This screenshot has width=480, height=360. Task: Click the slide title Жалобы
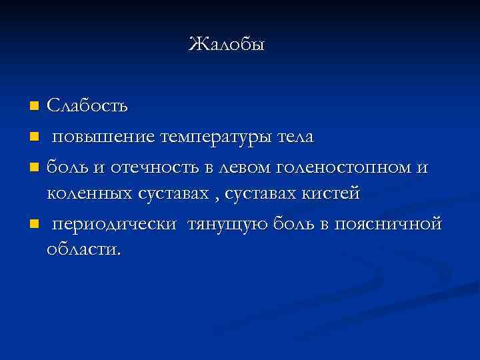[x=227, y=45]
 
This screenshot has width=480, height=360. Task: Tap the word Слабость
[x=88, y=106]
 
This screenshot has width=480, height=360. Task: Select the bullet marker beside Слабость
[x=34, y=106]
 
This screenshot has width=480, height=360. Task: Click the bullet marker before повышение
[x=34, y=137]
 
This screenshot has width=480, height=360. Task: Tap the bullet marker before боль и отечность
[x=34, y=166]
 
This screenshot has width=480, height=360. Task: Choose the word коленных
[x=87, y=194]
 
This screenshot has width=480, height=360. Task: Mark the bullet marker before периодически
[x=34, y=223]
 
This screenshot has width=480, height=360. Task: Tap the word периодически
[x=115, y=225]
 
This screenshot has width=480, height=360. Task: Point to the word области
[x=84, y=251]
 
